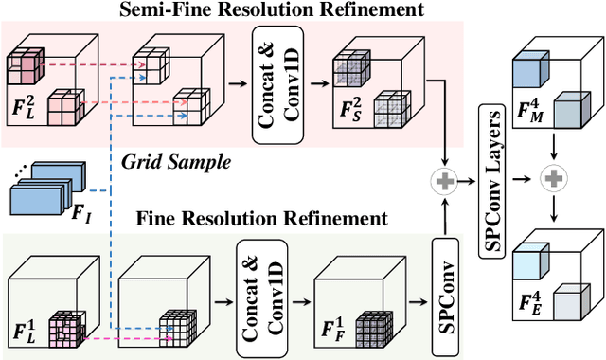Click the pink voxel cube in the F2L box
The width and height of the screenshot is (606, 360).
(27, 66)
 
